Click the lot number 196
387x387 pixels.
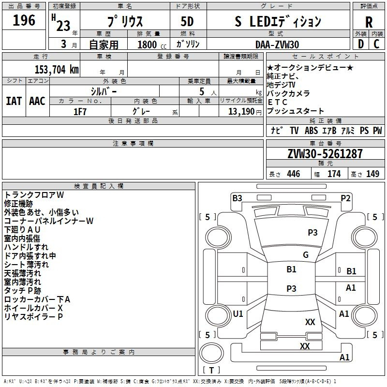coord(24,20)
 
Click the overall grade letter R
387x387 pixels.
coord(369,22)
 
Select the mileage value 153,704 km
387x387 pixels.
coord(57,70)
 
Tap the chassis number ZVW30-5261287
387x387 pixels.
coord(325,154)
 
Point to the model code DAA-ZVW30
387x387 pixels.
coord(277,45)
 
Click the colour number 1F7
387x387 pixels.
coord(80,112)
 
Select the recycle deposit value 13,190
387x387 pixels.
coord(241,112)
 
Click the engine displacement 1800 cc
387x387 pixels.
coord(152,45)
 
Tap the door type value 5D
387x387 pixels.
coord(187,22)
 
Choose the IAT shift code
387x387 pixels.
coord(14,101)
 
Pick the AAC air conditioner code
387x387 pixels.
coord(37,101)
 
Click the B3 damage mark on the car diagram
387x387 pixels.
coord(237,198)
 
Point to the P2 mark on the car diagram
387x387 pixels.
coord(345,198)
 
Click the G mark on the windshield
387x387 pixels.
coord(306,255)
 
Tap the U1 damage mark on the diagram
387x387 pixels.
coord(238,313)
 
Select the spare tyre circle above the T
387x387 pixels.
coord(211,353)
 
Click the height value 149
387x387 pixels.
coord(372,174)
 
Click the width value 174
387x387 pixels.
coord(334,174)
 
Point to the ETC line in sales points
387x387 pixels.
coord(277,102)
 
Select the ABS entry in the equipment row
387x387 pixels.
coord(311,131)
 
